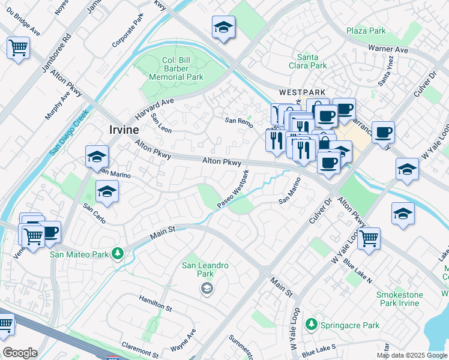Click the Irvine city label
[x=124, y=130]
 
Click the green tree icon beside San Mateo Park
[x=118, y=254]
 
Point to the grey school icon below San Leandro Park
[x=206, y=289]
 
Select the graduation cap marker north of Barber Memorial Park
[x=223, y=27]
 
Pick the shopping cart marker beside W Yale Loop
[x=369, y=238]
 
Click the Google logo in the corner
[x=19, y=353]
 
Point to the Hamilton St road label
[x=155, y=307]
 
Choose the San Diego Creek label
[x=69, y=133]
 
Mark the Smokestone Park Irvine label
[x=399, y=299]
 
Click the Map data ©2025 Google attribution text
[x=411, y=355]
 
